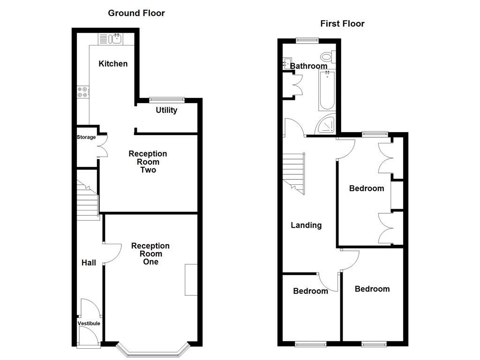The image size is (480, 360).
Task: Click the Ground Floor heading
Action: [136, 13]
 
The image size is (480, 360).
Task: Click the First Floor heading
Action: [342, 23]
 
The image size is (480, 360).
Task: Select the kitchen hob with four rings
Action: [82, 92]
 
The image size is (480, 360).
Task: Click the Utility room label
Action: [166, 110]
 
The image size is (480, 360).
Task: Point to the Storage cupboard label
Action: [86, 137]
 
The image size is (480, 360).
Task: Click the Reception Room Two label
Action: [148, 162]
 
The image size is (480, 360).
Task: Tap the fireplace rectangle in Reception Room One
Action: [191, 279]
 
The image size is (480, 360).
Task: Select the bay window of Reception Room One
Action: [153, 351]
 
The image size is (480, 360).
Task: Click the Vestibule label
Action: [89, 323]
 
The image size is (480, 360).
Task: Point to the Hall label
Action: [89, 262]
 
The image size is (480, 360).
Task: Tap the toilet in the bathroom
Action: [332, 57]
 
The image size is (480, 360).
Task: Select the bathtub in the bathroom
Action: [327, 91]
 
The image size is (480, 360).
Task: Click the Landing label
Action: [306, 225]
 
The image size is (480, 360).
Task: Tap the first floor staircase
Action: [294, 173]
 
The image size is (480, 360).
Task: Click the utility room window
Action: [166, 99]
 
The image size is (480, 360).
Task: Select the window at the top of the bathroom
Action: [307, 40]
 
